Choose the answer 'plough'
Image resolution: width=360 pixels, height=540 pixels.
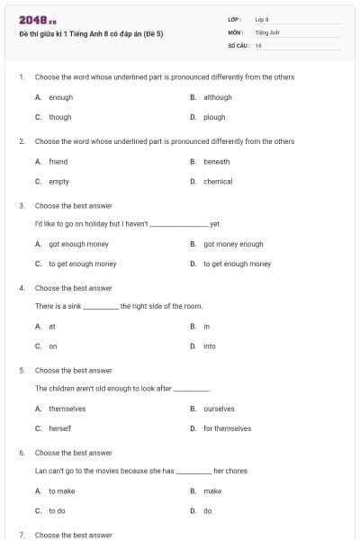214,117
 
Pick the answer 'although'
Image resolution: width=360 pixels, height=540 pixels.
217,97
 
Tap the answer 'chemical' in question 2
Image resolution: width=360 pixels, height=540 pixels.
218,182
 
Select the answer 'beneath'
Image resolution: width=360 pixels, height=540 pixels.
216,162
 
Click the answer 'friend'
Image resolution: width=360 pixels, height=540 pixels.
58,162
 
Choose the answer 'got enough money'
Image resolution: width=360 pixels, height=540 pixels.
78,244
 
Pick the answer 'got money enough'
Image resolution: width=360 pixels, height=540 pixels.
233,244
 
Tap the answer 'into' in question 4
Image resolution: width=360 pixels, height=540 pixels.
209,346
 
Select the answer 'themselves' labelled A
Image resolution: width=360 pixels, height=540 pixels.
67,409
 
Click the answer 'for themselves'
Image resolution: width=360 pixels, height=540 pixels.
227,428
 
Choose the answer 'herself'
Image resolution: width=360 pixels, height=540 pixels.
60,428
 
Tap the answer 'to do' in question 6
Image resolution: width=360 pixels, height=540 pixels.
57,510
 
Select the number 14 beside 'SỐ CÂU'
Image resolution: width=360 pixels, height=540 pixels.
258,45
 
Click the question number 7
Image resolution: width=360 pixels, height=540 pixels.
22,535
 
